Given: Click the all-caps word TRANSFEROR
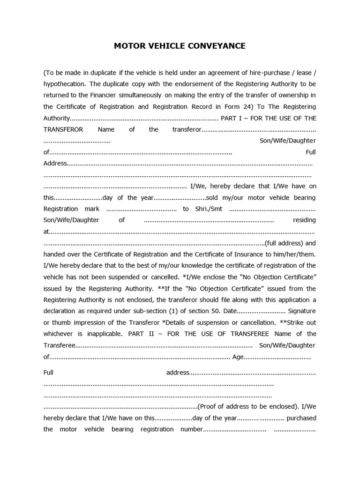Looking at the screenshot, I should click(63, 129).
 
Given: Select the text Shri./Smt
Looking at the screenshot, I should click(209, 209).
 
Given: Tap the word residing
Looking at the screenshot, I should click(304, 220).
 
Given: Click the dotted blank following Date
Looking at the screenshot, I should click(261, 311).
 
